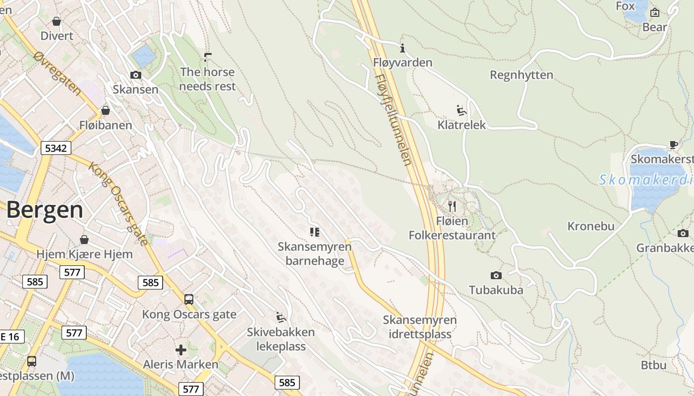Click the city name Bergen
(x=45, y=210)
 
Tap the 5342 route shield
(x=57, y=148)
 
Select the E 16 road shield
(x=9, y=337)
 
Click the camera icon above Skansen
(x=135, y=75)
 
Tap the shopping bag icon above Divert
(x=57, y=21)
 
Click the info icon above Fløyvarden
(x=403, y=48)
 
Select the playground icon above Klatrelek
(x=462, y=110)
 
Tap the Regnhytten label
(x=521, y=75)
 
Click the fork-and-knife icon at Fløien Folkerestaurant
(x=452, y=206)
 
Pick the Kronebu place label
(x=590, y=226)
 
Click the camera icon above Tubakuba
(x=496, y=275)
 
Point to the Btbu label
(x=653, y=365)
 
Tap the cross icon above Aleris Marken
(x=181, y=350)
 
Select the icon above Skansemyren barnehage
(x=314, y=232)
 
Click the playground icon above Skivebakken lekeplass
(x=281, y=316)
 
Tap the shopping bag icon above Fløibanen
(x=106, y=110)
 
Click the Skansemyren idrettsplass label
(x=419, y=327)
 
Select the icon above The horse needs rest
(x=207, y=57)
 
